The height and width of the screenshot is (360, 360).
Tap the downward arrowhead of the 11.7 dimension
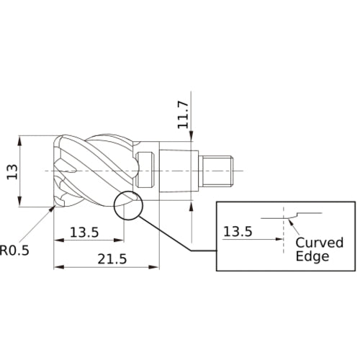[x=193, y=145]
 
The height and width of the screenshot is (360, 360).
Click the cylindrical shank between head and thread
[x=176, y=170]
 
